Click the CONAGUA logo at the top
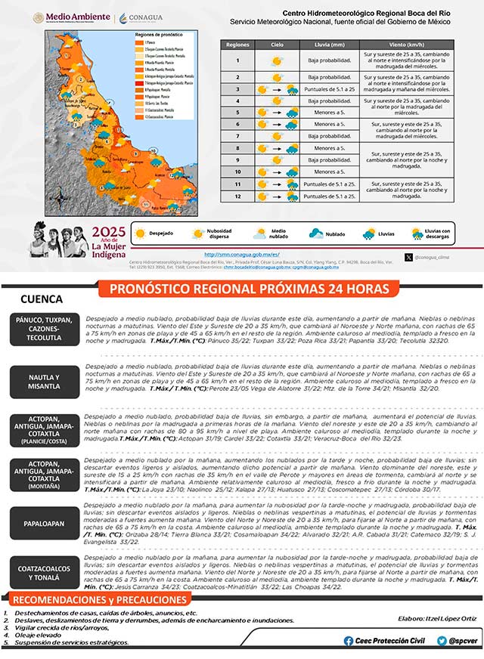(x=141, y=17)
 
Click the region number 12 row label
(x=237, y=196)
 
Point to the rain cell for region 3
(x=329, y=89)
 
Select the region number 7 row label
(x=237, y=136)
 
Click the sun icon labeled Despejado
(x=139, y=234)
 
